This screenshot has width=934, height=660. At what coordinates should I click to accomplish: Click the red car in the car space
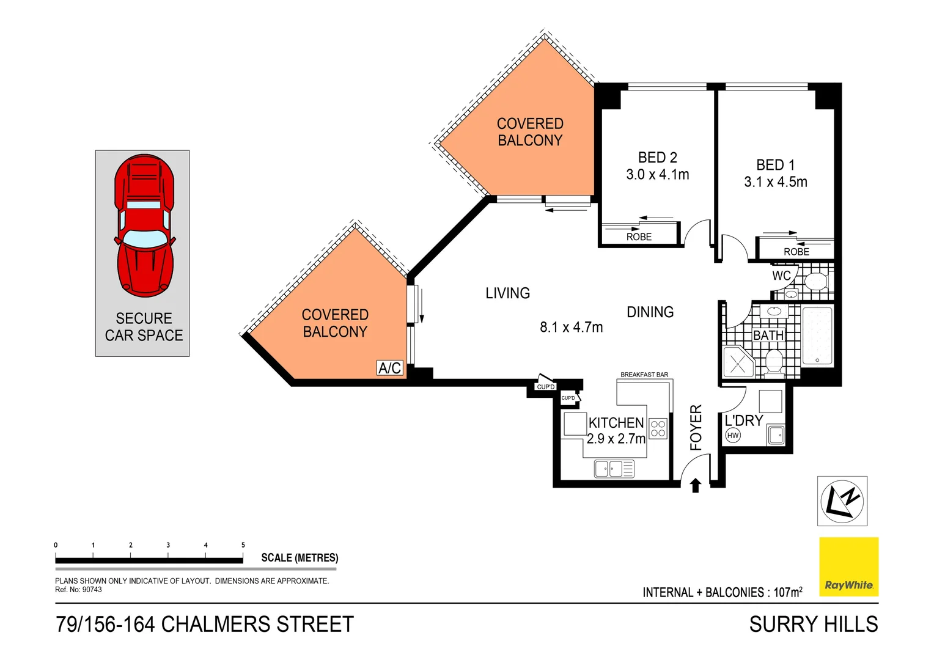click(x=145, y=226)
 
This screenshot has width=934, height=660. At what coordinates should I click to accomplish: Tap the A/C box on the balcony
click(x=389, y=367)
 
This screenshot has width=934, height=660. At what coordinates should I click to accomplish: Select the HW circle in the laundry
click(x=732, y=435)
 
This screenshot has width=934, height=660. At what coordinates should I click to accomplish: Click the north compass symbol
click(x=842, y=501)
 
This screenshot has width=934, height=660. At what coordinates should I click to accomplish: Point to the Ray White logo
click(x=848, y=566)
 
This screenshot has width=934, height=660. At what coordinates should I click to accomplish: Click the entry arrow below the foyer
click(x=695, y=486)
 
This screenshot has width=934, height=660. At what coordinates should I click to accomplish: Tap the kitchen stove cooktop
click(x=658, y=428)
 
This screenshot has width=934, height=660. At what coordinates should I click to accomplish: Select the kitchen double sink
click(x=614, y=469)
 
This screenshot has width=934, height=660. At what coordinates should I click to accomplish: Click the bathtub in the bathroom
click(x=817, y=336)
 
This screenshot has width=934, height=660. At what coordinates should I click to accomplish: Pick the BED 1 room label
click(x=775, y=165)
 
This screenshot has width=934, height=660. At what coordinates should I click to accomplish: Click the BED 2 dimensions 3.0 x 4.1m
click(x=657, y=175)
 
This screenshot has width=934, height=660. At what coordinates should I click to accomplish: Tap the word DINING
click(x=650, y=312)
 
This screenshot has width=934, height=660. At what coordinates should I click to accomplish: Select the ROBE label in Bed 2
click(x=639, y=237)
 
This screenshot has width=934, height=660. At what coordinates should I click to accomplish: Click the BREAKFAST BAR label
click(x=644, y=375)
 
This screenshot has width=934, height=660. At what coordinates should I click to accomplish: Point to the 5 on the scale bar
click(x=243, y=545)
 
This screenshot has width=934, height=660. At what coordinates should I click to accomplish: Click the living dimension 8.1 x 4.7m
click(x=571, y=328)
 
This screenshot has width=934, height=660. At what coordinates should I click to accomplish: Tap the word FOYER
click(x=696, y=427)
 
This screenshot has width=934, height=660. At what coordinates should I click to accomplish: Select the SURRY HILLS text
click(x=813, y=625)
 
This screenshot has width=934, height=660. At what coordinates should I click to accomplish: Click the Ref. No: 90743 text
click(x=78, y=590)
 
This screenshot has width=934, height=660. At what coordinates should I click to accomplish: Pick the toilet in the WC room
click(x=815, y=282)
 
